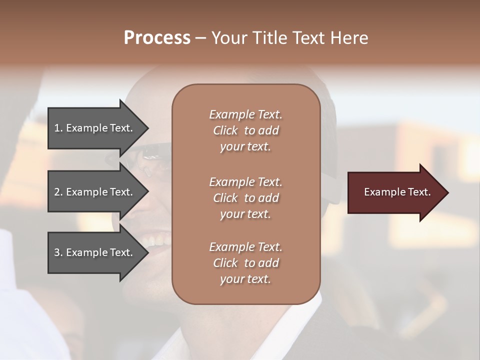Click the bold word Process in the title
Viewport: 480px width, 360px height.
[x=157, y=38]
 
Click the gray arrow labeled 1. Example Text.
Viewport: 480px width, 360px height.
[x=95, y=128]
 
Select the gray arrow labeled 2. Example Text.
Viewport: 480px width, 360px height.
[x=95, y=192]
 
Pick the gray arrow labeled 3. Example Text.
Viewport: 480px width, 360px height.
[x=95, y=252]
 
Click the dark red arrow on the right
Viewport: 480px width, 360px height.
[x=395, y=192]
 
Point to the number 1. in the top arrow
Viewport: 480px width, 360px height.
[x=58, y=128]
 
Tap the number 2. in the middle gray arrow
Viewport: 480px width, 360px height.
[x=58, y=192]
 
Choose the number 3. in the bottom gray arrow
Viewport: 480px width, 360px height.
[x=58, y=252]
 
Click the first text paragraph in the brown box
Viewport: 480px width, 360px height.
[x=245, y=130]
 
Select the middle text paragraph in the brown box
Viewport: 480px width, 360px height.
[x=245, y=198]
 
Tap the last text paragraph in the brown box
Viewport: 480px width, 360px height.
[x=245, y=263]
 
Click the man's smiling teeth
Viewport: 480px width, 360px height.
[x=155, y=242]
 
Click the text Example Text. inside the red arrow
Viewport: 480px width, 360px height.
[x=397, y=192]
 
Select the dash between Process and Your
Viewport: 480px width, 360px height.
[x=200, y=38]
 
